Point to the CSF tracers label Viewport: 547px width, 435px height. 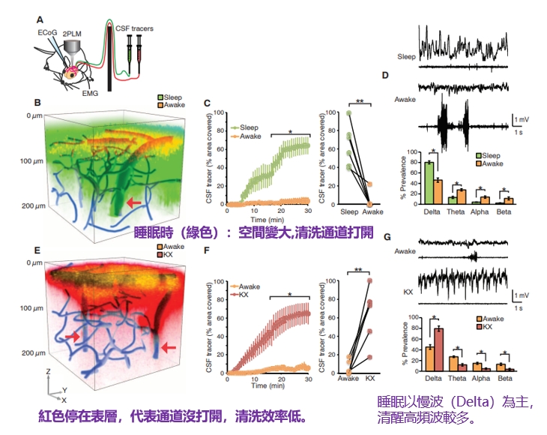(138, 28)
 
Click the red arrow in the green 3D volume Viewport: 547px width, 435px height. (133, 202)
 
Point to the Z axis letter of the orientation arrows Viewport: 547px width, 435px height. (48, 371)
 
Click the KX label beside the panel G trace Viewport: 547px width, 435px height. (408, 290)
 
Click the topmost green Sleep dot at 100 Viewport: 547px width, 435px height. (348, 113)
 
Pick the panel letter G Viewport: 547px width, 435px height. (386, 236)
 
